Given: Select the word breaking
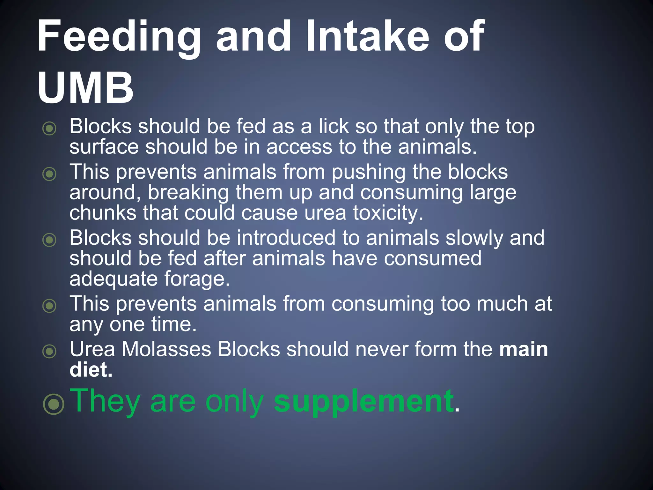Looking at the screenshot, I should coord(188,193).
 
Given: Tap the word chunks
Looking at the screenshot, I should coord(103,213).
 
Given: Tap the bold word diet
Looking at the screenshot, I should coord(91,370).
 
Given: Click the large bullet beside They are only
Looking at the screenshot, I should coord(54,404).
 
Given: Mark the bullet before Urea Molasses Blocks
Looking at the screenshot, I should coord(49,351).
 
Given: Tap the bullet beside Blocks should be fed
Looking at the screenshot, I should coord(49,129).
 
